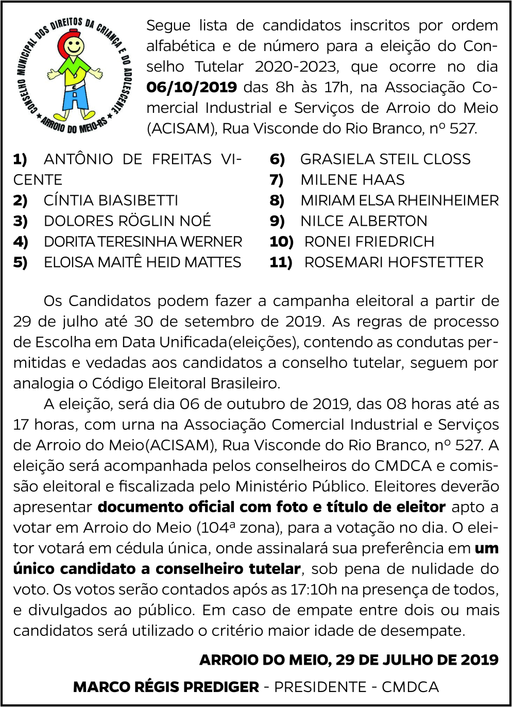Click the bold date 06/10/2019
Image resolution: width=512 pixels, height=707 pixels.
pos(192,87)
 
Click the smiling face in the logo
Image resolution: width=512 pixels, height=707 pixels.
pos(74,48)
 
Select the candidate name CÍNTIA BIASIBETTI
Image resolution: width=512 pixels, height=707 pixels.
pos(111,200)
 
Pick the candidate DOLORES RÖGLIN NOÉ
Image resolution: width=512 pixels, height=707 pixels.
pos(127,221)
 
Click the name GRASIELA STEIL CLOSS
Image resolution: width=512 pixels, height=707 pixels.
pos(385,159)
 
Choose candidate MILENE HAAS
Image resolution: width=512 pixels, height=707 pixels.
pos(352,180)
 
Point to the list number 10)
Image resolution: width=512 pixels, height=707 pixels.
pos(281,242)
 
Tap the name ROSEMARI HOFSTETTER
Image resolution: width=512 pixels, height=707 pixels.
pos(394,262)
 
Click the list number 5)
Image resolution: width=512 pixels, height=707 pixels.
pos(21,262)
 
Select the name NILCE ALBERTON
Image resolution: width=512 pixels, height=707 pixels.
pos(364,221)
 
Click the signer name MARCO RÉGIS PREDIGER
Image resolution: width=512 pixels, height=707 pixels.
pos(166,687)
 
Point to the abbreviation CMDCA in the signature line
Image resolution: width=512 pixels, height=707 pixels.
pos(410,687)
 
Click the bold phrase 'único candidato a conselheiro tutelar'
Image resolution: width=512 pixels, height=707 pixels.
pos(157,568)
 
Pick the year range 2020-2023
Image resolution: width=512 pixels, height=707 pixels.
pos(296,66)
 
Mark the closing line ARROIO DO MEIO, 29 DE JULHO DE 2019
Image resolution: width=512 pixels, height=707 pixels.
pos(349,660)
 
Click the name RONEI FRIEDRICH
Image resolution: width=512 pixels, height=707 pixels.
pos(369,242)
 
